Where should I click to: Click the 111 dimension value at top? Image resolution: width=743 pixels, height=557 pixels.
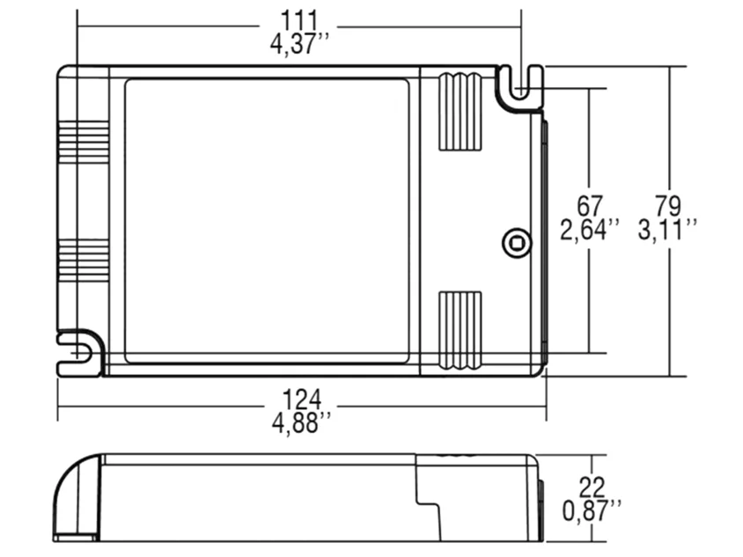[x=299, y=20]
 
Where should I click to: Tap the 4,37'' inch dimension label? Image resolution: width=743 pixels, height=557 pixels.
[x=299, y=44]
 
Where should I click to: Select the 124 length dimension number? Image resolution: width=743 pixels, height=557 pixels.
[x=301, y=399]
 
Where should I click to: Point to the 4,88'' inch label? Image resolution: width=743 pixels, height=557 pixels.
[x=301, y=422]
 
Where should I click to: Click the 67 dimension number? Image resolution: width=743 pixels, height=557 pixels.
[x=590, y=207]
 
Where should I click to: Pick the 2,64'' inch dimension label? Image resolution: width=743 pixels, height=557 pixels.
[x=590, y=230]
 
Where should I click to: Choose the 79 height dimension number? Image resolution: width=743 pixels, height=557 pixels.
[x=668, y=207]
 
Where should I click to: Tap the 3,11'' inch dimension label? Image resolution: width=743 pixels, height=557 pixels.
[x=668, y=230]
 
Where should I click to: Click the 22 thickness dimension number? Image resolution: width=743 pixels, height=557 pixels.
[x=592, y=487]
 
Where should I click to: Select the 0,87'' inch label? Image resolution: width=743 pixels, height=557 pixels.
[x=592, y=510]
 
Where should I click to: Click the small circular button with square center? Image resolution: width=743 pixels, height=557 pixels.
[x=517, y=243]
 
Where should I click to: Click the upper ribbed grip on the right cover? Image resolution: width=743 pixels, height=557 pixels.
[x=460, y=113]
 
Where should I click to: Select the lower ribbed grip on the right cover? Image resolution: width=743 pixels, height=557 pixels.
[x=460, y=330]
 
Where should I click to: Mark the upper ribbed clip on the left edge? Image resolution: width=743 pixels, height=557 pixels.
[x=84, y=142]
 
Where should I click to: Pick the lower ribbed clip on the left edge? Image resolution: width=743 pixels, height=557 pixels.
[x=84, y=260]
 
